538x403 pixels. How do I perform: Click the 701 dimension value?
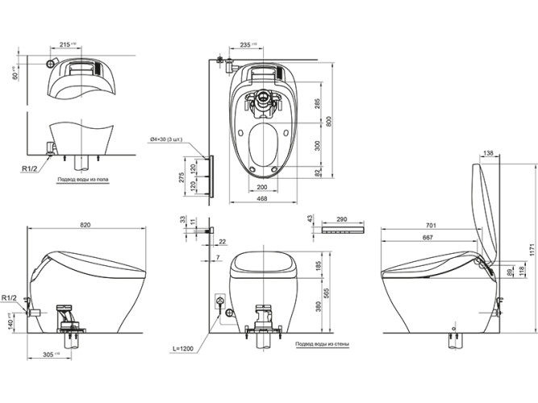click(x=431, y=226)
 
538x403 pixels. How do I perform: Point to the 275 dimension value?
click(x=181, y=175)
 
